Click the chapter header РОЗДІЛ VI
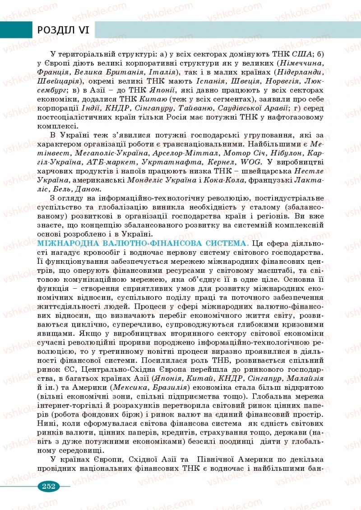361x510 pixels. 64,30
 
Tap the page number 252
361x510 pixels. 48,486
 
